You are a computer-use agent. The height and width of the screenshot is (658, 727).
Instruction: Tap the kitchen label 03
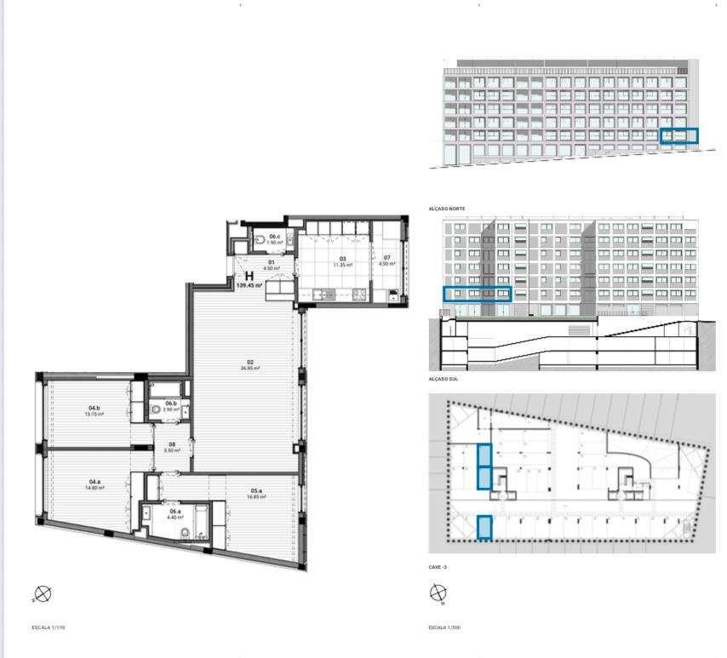[x=343, y=260]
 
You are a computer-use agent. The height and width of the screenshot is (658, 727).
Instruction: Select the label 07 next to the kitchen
[x=386, y=260]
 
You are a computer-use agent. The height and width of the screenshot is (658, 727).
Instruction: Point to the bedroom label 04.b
[x=94, y=411]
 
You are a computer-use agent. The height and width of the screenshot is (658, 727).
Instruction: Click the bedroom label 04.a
[x=94, y=485]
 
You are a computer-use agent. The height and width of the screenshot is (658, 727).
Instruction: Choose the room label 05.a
[x=255, y=492]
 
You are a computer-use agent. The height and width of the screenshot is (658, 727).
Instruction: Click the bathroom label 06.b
[x=171, y=406]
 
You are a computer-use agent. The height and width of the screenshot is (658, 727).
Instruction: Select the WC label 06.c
[x=274, y=239]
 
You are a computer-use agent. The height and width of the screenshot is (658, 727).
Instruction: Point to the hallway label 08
[x=171, y=447]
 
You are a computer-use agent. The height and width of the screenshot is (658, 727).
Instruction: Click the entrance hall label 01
[x=271, y=264]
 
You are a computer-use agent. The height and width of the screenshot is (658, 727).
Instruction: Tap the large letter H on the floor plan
[x=249, y=276]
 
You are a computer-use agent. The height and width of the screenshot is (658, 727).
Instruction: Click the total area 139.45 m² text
[x=249, y=286]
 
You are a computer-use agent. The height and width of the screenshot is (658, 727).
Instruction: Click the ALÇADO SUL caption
[x=444, y=379]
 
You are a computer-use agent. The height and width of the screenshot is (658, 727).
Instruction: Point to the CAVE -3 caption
[x=440, y=566]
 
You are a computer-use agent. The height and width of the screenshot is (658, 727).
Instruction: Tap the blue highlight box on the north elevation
[x=679, y=135]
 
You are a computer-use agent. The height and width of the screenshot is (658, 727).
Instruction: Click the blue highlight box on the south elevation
[x=477, y=295]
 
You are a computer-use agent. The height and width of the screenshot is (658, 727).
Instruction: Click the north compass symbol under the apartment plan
[x=43, y=593]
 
